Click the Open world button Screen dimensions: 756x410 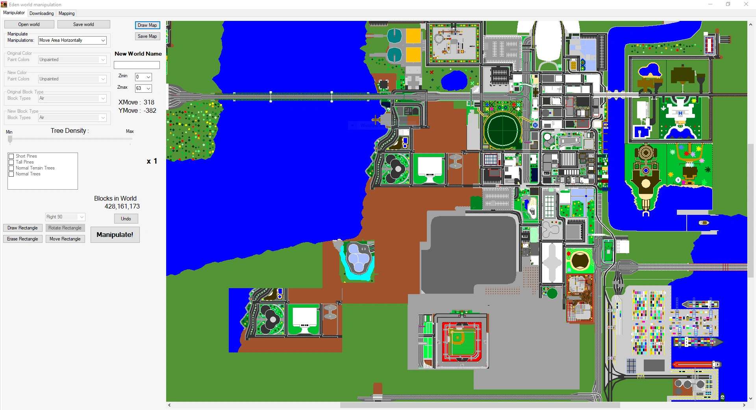tap(29, 24)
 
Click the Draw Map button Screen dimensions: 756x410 tap(147, 25)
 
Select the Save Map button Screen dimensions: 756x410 tap(147, 36)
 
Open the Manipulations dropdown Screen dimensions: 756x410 tap(72, 40)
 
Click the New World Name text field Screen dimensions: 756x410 tap(137, 65)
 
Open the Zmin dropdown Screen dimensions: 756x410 tap(143, 77)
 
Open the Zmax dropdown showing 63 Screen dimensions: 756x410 tap(143, 88)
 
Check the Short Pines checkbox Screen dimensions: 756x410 tap(11, 156)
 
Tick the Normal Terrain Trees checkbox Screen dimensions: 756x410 tap(11, 168)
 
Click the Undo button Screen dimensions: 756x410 tap(126, 219)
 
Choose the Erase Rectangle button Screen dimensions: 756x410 tap(23, 239)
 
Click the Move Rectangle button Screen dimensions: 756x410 tap(65, 239)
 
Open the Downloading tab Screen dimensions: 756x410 tap(42, 13)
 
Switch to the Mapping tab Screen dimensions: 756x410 tap(67, 13)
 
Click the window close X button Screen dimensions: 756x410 tap(746, 4)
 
